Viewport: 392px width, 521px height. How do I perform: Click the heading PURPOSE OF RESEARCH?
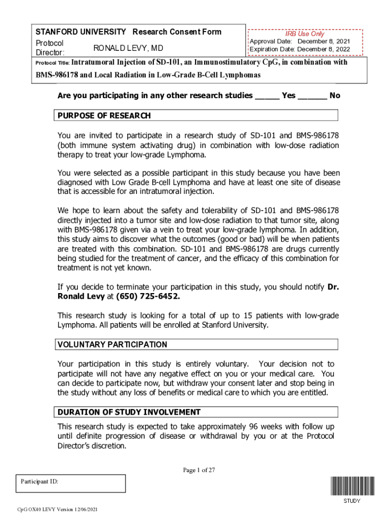coord(104,115)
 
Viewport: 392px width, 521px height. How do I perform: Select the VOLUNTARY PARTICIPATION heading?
coord(112,344)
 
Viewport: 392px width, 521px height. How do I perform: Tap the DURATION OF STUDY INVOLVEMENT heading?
coord(129,412)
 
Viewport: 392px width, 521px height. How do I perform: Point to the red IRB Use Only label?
coord(304,34)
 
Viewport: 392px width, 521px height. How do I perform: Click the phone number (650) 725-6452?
coord(148,297)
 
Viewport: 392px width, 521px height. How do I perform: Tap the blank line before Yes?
coord(267,96)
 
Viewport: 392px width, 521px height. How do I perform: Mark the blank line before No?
coord(312,96)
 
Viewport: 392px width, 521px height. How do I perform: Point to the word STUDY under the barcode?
coord(351,501)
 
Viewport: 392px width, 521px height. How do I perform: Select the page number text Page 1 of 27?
coord(199,470)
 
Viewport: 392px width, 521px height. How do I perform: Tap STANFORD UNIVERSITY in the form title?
coord(80,32)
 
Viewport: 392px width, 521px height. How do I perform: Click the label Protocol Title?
coord(51,64)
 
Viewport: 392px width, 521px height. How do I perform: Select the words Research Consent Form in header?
coord(177,32)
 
